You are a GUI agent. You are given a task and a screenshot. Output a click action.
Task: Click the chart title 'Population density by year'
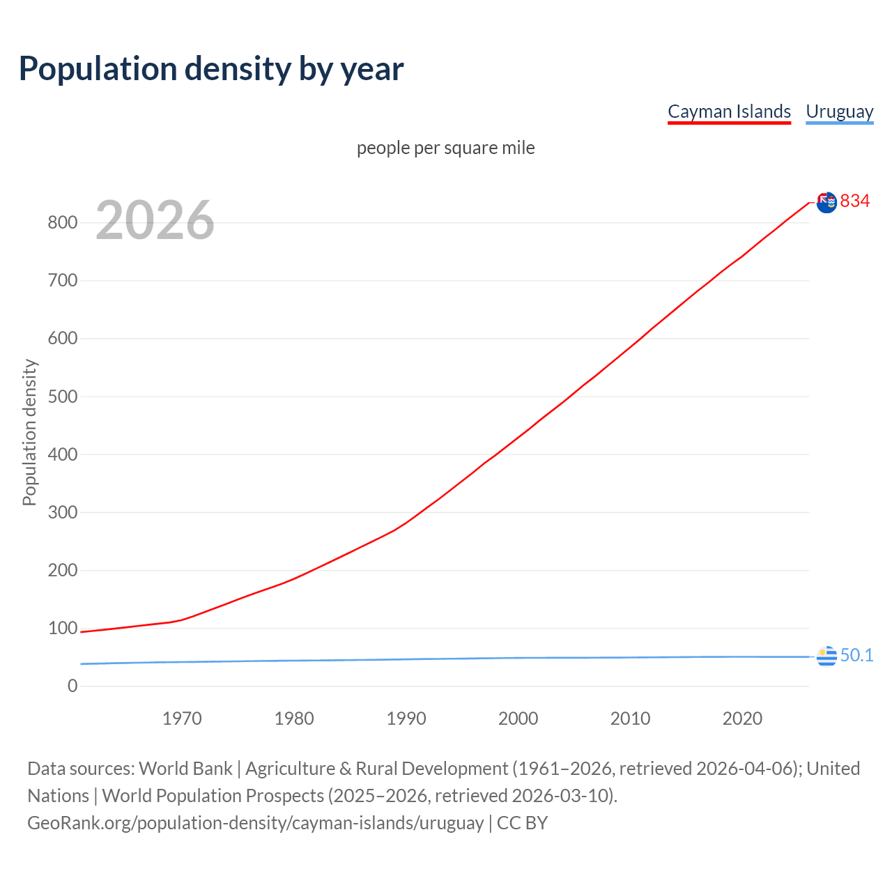[x=211, y=69]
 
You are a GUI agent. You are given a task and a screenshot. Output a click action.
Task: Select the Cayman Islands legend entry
[x=729, y=111]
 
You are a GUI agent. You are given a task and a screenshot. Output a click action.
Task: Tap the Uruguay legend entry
[x=839, y=111]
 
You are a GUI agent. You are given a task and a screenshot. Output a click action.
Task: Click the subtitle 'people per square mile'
[x=445, y=148]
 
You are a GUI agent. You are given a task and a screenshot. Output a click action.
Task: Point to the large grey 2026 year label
[x=155, y=220]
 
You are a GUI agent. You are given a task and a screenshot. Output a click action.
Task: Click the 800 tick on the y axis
[x=62, y=223]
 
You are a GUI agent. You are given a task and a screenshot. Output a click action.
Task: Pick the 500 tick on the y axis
[x=62, y=397]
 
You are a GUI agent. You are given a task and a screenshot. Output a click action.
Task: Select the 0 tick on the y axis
[x=72, y=686]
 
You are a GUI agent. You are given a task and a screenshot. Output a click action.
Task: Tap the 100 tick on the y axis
[x=62, y=629]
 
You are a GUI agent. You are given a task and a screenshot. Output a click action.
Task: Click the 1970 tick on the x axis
[x=182, y=718]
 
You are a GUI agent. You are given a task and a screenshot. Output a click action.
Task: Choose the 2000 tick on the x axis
[x=518, y=718]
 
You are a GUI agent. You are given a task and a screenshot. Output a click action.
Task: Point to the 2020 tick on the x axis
[x=742, y=718]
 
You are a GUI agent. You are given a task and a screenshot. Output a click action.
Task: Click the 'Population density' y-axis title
[x=29, y=432]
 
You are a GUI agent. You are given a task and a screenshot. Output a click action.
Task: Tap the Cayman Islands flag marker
[x=826, y=203]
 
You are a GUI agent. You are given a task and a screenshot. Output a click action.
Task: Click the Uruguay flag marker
[x=826, y=656]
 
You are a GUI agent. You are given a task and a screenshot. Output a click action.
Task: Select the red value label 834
[x=855, y=201]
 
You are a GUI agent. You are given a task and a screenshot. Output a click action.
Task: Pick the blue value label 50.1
[x=856, y=656]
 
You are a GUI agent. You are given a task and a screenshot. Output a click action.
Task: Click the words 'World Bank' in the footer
[x=185, y=769]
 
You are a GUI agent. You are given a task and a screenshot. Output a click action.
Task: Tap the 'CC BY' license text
[x=522, y=823]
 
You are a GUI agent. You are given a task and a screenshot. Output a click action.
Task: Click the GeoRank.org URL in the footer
[x=255, y=823]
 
